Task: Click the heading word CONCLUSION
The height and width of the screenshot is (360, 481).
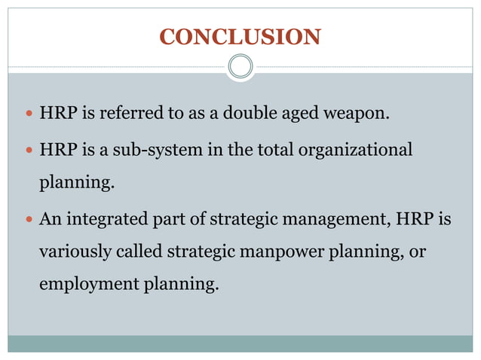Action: tap(240, 36)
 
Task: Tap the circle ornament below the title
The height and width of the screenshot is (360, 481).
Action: tap(240, 66)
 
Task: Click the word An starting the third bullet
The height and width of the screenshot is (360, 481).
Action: tap(50, 219)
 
